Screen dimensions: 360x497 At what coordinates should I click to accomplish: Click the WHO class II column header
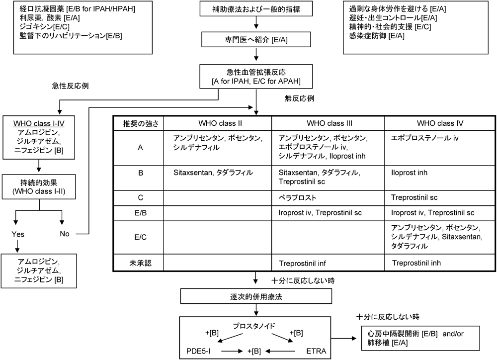click(218, 122)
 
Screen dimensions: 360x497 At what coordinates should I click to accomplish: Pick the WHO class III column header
click(328, 122)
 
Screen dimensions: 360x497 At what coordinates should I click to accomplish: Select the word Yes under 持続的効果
click(18, 234)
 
